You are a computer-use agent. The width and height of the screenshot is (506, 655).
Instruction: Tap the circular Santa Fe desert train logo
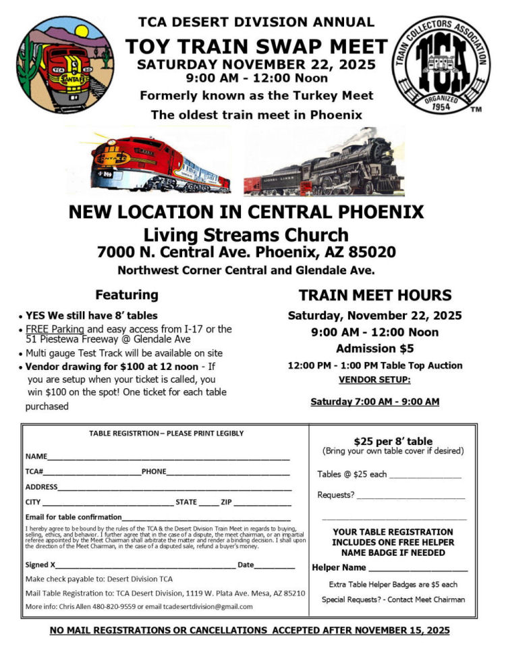(65, 65)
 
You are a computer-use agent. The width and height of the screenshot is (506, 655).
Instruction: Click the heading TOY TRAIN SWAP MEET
(256, 47)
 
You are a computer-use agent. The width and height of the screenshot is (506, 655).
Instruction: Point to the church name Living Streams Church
(246, 234)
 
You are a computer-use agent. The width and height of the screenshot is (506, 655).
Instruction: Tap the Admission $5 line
(374, 348)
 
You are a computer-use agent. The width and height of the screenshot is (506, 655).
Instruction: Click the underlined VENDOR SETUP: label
(374, 380)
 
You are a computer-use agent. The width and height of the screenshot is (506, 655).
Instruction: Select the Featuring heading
(127, 295)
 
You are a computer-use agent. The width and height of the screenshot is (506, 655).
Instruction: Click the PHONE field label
(154, 471)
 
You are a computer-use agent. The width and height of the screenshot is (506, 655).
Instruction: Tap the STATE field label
(186, 502)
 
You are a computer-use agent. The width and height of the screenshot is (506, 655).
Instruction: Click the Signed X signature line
(145, 564)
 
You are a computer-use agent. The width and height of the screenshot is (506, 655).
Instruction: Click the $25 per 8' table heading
(393, 442)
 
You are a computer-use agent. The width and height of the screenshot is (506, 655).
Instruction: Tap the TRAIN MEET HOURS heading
(374, 296)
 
